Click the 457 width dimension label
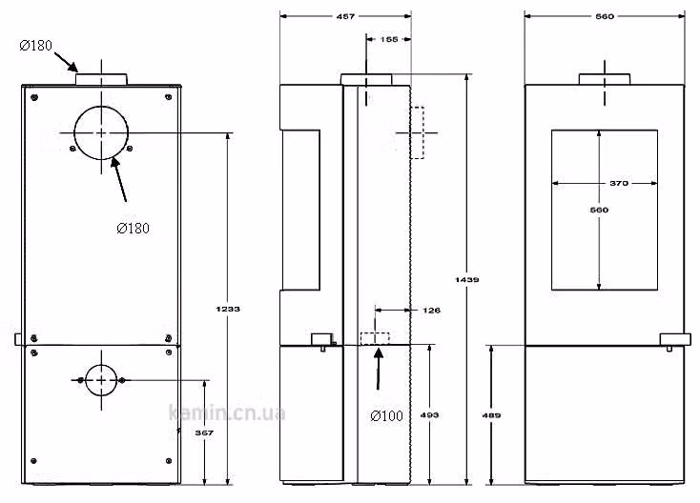(x=345, y=16)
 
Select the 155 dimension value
(x=389, y=39)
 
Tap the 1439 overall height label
(x=467, y=279)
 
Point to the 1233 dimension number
(x=228, y=309)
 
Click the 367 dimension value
(x=204, y=433)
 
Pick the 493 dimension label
(x=429, y=414)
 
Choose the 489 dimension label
(x=491, y=415)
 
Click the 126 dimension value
(x=431, y=310)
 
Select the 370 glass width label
(x=619, y=183)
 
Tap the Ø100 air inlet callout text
(x=386, y=415)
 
